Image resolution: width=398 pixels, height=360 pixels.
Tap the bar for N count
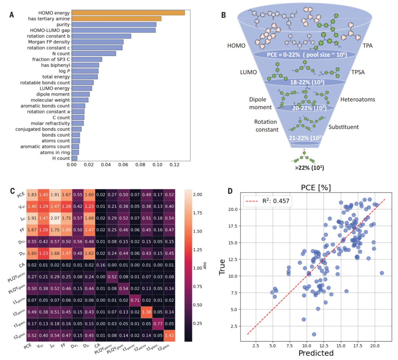pos(94,53)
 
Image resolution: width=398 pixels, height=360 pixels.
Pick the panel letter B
pos(223,15)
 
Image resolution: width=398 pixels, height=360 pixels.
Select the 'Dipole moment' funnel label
pos(260,103)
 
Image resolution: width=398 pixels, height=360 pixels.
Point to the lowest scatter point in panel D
pos(314,334)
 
